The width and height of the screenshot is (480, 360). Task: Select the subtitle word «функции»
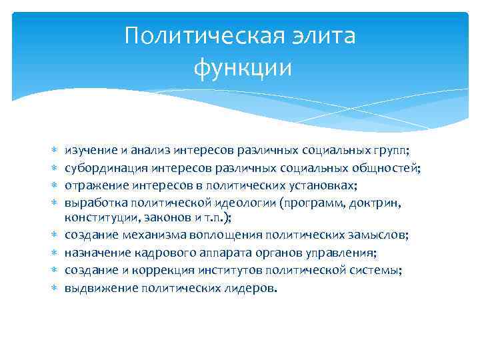coord(243,67)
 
